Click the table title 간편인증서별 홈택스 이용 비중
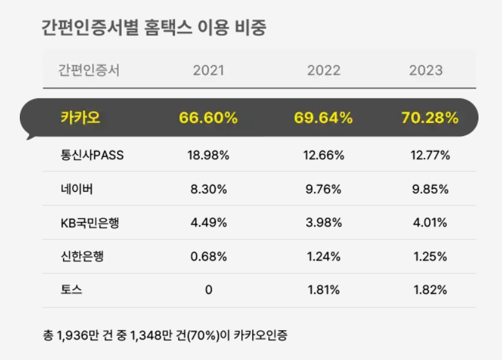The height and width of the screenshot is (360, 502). (154, 28)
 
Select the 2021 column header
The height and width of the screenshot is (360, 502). (208, 71)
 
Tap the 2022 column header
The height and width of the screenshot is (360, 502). (324, 71)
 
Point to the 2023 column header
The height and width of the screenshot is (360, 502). (426, 71)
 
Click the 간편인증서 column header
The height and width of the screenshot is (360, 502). (88, 71)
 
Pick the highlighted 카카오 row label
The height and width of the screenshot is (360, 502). (80, 118)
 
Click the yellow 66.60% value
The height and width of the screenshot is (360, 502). (208, 118)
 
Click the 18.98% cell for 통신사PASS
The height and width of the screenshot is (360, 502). (208, 155)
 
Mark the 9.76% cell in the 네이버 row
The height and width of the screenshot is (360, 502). (324, 189)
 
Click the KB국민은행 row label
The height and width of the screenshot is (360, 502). (89, 223)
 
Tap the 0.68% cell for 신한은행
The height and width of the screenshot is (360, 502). (208, 257)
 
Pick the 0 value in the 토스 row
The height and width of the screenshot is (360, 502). (208, 290)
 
